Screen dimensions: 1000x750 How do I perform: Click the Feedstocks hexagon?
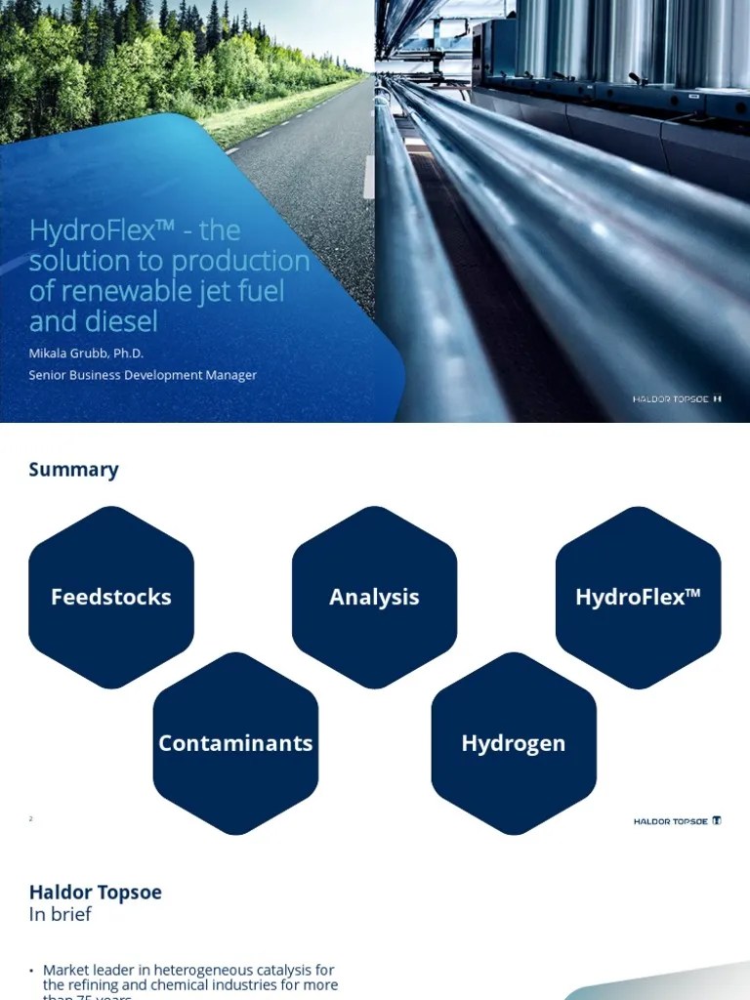click(111, 597)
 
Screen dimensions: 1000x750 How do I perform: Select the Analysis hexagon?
click(374, 597)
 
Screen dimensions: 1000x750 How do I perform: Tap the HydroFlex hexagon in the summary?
click(638, 597)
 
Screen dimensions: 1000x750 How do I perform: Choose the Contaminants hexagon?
click(235, 743)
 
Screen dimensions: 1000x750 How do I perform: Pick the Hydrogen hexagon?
click(513, 743)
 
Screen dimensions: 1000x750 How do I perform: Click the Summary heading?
click(73, 470)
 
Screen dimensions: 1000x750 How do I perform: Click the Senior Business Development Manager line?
click(143, 375)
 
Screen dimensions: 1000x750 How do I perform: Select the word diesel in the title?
click(122, 321)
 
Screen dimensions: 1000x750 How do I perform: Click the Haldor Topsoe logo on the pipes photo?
click(677, 399)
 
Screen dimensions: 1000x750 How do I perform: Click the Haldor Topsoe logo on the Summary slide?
click(677, 821)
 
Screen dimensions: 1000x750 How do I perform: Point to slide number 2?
click(31, 818)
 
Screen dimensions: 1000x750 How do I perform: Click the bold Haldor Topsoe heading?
click(95, 892)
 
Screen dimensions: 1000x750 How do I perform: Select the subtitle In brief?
click(60, 914)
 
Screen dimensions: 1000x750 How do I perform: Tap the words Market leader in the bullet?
click(86, 970)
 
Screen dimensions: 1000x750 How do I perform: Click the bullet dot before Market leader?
click(31, 971)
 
